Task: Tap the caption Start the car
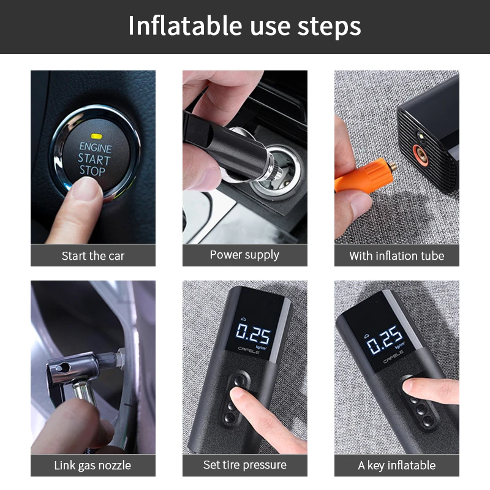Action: pyautogui.click(x=93, y=256)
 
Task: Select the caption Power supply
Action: pyautogui.click(x=244, y=255)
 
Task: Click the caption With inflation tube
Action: pyautogui.click(x=396, y=256)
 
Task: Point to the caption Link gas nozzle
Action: pyautogui.click(x=92, y=466)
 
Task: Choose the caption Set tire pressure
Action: pyautogui.click(x=244, y=465)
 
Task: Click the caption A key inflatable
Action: pyautogui.click(x=396, y=466)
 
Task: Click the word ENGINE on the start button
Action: pyautogui.click(x=96, y=148)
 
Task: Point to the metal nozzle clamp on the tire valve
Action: pyautogui.click(x=77, y=371)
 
